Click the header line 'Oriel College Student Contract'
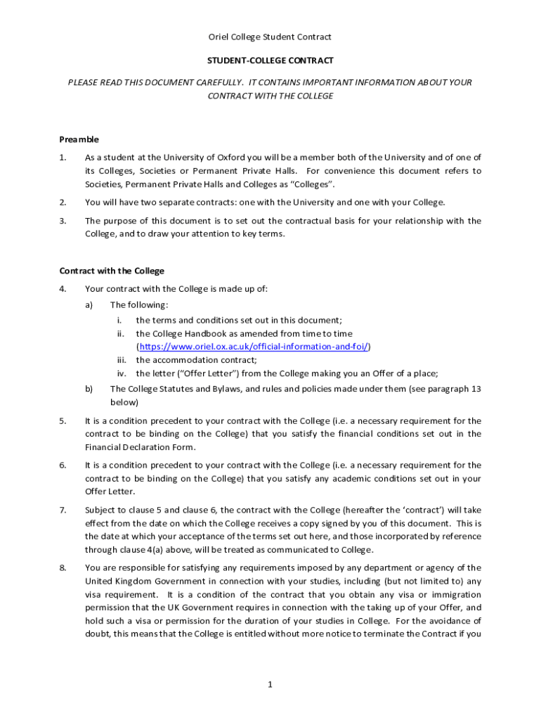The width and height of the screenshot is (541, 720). (x=270, y=37)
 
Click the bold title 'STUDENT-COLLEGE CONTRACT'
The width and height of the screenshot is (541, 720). (x=270, y=60)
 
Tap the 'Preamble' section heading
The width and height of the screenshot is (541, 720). (x=79, y=139)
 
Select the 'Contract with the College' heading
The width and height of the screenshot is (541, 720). (x=112, y=271)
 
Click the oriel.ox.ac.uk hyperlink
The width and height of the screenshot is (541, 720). (x=254, y=347)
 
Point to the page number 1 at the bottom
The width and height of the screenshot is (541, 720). (x=270, y=686)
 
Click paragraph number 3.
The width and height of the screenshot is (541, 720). (x=63, y=221)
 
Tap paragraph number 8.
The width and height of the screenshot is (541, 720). (x=63, y=567)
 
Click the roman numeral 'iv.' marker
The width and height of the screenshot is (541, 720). (x=122, y=373)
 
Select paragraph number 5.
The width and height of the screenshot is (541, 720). (x=63, y=421)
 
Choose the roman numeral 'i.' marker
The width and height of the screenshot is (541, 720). (x=120, y=320)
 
